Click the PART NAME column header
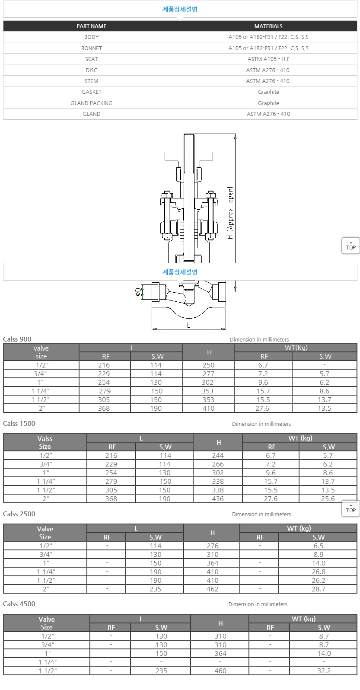(92, 26)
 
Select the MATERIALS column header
(268, 26)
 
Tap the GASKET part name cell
(92, 92)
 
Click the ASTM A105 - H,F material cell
(268, 59)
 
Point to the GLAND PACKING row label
(92, 103)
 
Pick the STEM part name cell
(92, 81)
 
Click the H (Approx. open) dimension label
(230, 213)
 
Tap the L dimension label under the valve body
(188, 325)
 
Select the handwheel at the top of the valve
(189, 156)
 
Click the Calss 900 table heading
(17, 339)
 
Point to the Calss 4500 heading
(19, 604)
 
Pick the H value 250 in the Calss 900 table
(208, 365)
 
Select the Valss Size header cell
(45, 443)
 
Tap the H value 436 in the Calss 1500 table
(218, 499)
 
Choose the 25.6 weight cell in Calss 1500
(328, 499)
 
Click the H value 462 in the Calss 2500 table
(213, 589)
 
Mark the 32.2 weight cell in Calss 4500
(324, 671)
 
